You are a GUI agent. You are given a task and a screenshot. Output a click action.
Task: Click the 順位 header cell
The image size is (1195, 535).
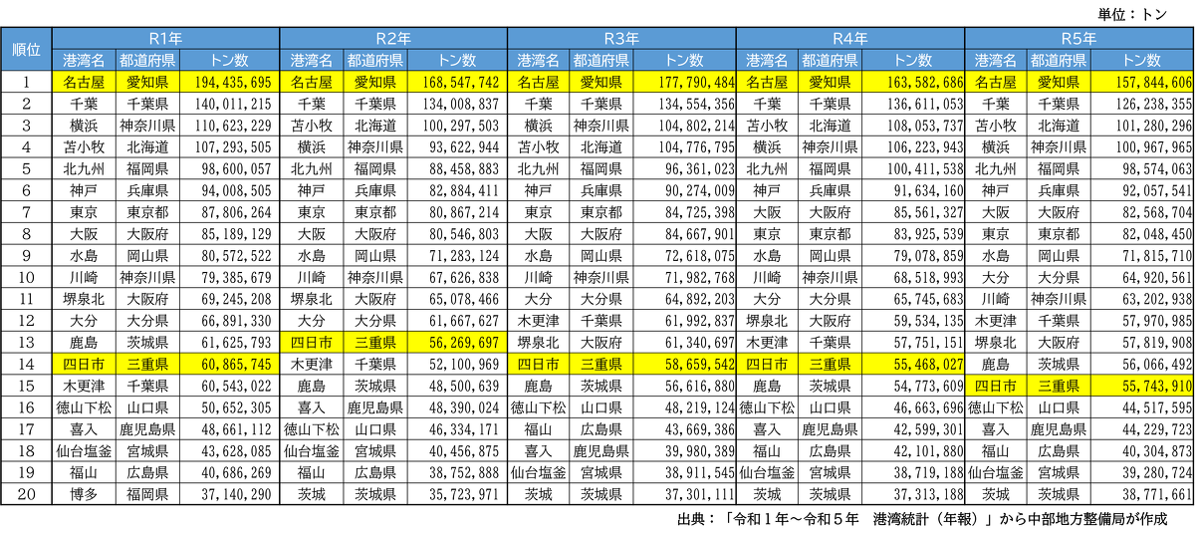[26, 50]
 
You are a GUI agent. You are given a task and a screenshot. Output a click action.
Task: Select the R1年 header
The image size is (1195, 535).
[165, 39]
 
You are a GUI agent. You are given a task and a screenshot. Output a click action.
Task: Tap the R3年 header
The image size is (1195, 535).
[621, 39]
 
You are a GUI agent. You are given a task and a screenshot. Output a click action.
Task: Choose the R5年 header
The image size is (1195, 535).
[1078, 39]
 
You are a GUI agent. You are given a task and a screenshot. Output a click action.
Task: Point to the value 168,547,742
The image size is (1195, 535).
[457, 83]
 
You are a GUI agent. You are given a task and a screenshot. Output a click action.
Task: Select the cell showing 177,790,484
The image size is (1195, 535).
[685, 83]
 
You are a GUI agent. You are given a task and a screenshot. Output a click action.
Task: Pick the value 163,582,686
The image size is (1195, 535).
[913, 83]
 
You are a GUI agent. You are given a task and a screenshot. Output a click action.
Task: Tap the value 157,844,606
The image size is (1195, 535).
[1142, 83]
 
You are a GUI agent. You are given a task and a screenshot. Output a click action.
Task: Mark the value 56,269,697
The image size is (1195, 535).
[457, 343]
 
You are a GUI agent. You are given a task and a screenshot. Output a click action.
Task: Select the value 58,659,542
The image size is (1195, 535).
[685, 366]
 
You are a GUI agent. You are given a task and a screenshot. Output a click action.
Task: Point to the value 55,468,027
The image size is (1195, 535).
[913, 366]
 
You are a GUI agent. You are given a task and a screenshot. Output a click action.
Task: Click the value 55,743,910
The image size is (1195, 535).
[1142, 388]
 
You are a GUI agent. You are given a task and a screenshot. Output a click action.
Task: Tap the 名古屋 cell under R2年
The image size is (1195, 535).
[312, 83]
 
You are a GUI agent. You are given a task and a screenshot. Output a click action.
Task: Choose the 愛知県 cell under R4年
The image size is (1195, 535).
[830, 83]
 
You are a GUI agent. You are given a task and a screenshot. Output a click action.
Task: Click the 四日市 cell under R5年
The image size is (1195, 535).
[996, 388]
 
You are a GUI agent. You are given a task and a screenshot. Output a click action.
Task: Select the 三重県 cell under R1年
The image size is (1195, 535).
[147, 366]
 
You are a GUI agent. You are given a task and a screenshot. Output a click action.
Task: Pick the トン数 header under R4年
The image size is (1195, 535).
[913, 61]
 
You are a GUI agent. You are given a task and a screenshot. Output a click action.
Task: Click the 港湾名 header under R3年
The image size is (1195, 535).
[539, 61]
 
